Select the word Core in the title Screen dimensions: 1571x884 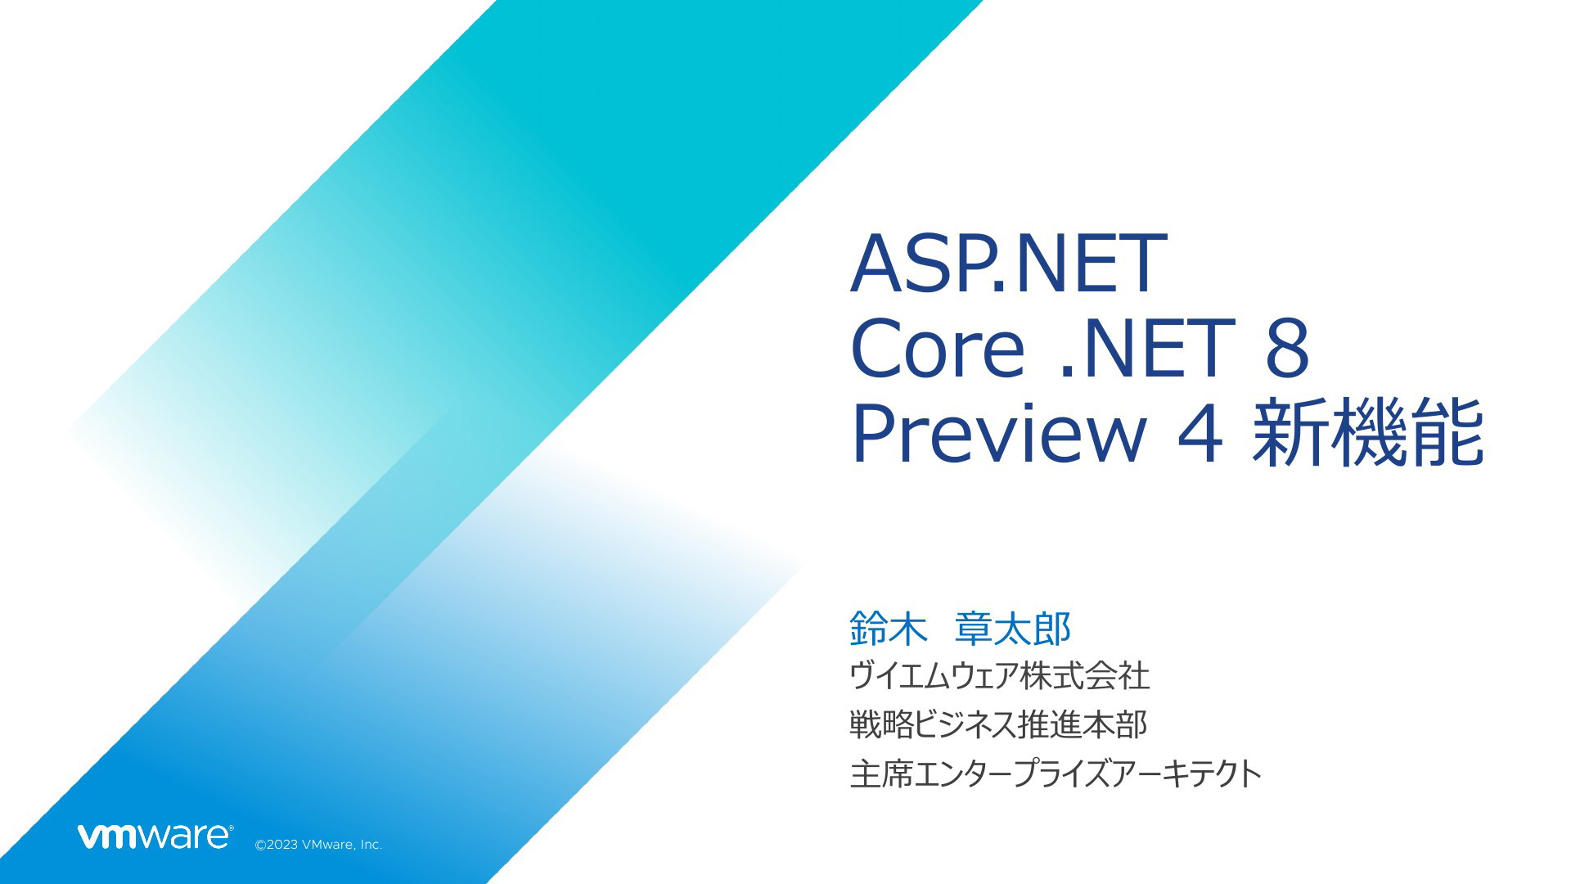pyautogui.click(x=937, y=347)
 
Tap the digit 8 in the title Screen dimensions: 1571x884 pyautogui.click(x=1286, y=347)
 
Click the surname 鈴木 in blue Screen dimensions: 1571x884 pyautogui.click(x=889, y=629)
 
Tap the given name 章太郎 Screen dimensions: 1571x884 pyautogui.click(x=1013, y=629)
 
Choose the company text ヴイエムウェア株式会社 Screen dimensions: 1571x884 pyautogui.click(x=1000, y=676)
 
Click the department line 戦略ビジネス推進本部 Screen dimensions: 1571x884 pyautogui.click(x=998, y=724)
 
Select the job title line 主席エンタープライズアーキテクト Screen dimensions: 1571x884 pyautogui.click(x=1056, y=773)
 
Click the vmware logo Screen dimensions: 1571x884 pyautogui.click(x=155, y=836)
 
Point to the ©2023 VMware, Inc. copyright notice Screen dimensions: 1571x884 pyautogui.click(x=319, y=845)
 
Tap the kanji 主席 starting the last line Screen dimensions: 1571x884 pyautogui.click(x=880, y=773)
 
